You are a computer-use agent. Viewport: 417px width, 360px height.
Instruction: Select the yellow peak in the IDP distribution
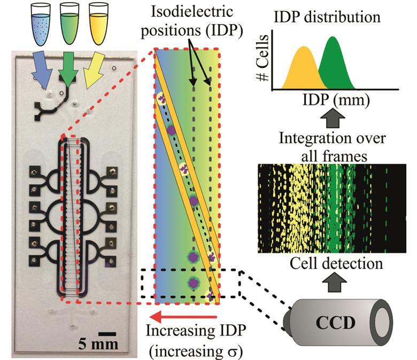(x=305, y=70)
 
